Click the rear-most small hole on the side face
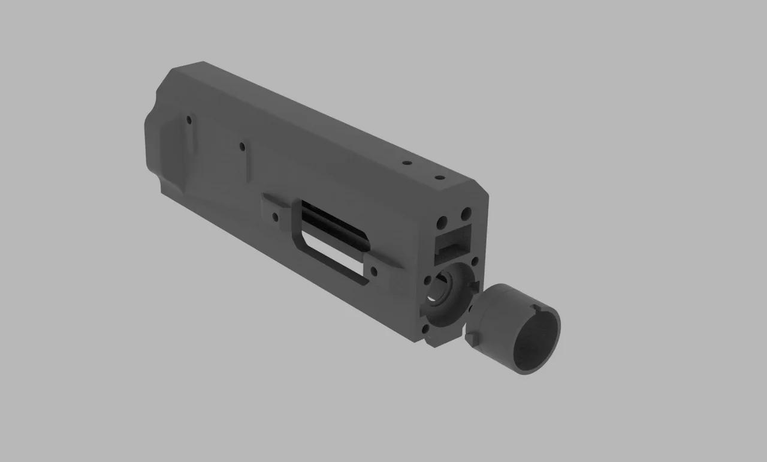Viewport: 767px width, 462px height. point(189,120)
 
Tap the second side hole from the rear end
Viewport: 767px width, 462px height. point(242,146)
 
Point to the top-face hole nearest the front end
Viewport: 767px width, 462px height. point(438,178)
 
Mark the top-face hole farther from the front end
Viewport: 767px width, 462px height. point(407,163)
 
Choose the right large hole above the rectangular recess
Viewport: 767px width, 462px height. point(465,214)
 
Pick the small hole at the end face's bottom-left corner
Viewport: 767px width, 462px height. point(425,329)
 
